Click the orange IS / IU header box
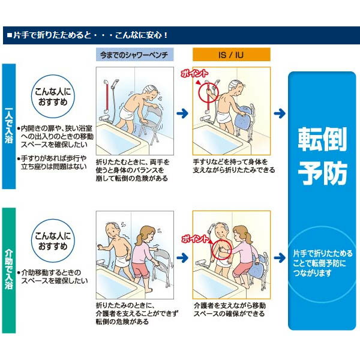[232, 55]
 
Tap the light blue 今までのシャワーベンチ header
[135, 55]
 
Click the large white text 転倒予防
[322, 156]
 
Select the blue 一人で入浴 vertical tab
[9, 126]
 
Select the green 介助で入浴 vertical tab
[9, 271]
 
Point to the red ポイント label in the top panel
[194, 73]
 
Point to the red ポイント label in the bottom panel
[195, 239]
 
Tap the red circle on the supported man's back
[211, 250]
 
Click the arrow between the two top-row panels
[182, 113]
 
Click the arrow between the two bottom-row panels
[182, 258]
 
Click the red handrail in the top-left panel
[107, 98]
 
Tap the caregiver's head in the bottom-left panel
[146, 234]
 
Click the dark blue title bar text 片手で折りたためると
[53, 35]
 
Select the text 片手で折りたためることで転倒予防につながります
[322, 263]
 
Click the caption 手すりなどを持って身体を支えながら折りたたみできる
[234, 166]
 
